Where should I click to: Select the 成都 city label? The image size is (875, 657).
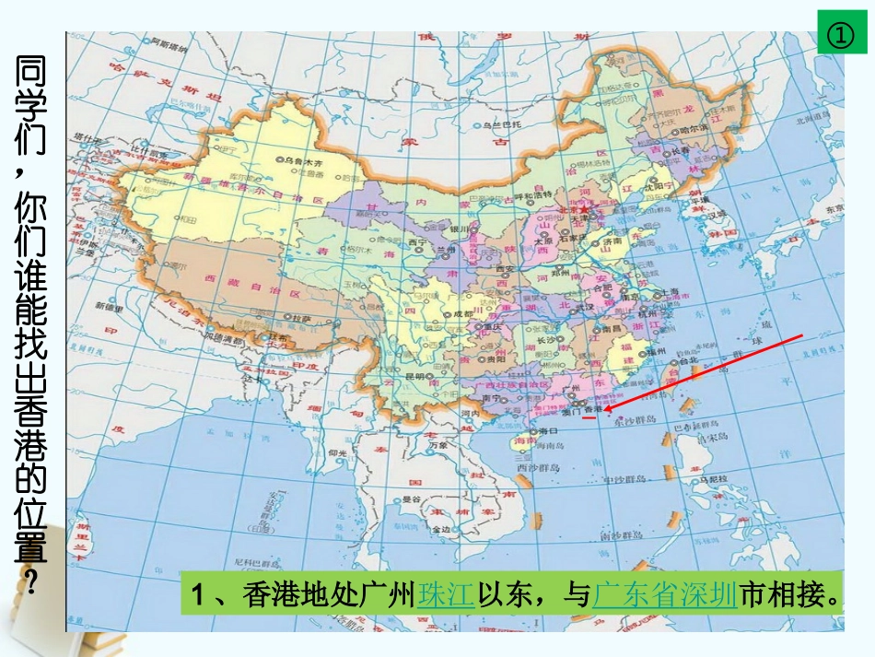click(x=454, y=314)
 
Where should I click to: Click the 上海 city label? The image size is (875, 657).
click(x=671, y=292)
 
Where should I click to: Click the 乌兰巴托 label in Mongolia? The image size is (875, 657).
click(x=503, y=124)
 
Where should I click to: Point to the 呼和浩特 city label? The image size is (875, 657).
click(x=532, y=194)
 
